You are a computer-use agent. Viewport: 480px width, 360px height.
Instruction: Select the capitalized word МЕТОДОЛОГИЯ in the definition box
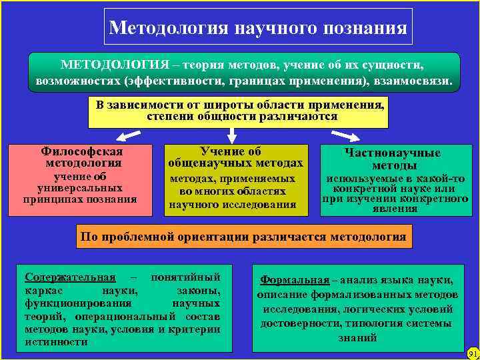114,65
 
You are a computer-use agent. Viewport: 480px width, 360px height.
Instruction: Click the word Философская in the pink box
83,151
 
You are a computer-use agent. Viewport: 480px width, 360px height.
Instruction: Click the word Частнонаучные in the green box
392,153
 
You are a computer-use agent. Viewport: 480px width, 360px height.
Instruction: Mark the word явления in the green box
395,209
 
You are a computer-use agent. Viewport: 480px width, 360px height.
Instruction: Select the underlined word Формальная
295,280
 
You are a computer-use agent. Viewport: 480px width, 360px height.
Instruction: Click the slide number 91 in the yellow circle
472,353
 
